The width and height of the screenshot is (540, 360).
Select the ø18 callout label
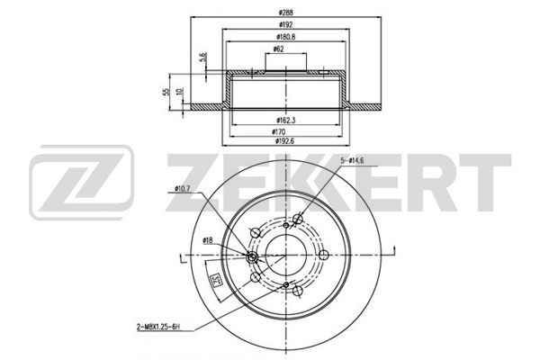point(208,240)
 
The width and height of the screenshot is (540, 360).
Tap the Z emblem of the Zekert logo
point(82,184)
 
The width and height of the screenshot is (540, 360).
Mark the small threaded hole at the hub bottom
point(286,287)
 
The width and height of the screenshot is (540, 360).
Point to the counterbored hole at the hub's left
point(253,258)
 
